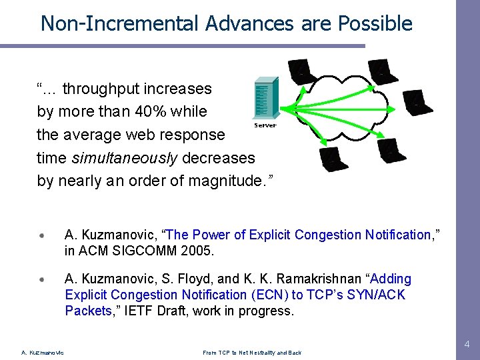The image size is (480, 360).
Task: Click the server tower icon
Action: pyautogui.click(x=265, y=99)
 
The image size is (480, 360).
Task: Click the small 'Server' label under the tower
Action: pyautogui.click(x=265, y=125)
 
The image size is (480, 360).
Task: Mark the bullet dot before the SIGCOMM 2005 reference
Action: pyautogui.click(x=43, y=235)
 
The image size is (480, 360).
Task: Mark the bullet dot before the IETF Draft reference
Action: pyautogui.click(x=43, y=279)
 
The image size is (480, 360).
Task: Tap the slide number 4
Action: pyautogui.click(x=467, y=345)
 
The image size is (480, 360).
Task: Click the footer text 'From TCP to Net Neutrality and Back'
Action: pyautogui.click(x=252, y=353)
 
